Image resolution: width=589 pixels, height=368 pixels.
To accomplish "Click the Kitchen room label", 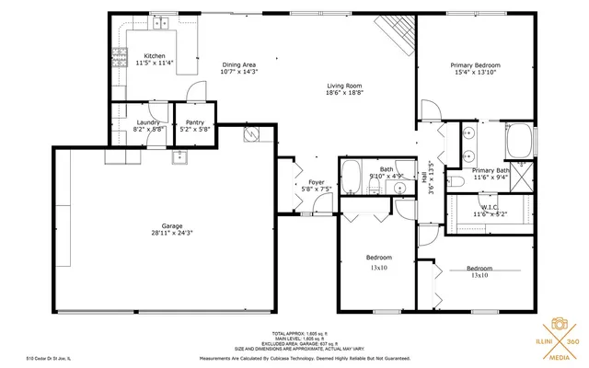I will click(x=154, y=56).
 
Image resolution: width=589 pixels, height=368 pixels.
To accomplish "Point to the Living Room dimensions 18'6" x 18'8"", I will click(x=345, y=94).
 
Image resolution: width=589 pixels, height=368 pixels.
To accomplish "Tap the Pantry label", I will click(x=194, y=122).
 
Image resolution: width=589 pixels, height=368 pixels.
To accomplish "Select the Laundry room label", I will click(x=148, y=122).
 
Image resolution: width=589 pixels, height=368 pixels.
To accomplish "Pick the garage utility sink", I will click(x=179, y=155).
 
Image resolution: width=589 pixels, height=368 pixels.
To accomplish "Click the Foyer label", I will click(x=316, y=182).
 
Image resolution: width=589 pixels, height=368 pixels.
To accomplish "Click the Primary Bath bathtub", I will click(x=520, y=142).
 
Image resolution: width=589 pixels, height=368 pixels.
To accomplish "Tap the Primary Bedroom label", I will click(x=475, y=65).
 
